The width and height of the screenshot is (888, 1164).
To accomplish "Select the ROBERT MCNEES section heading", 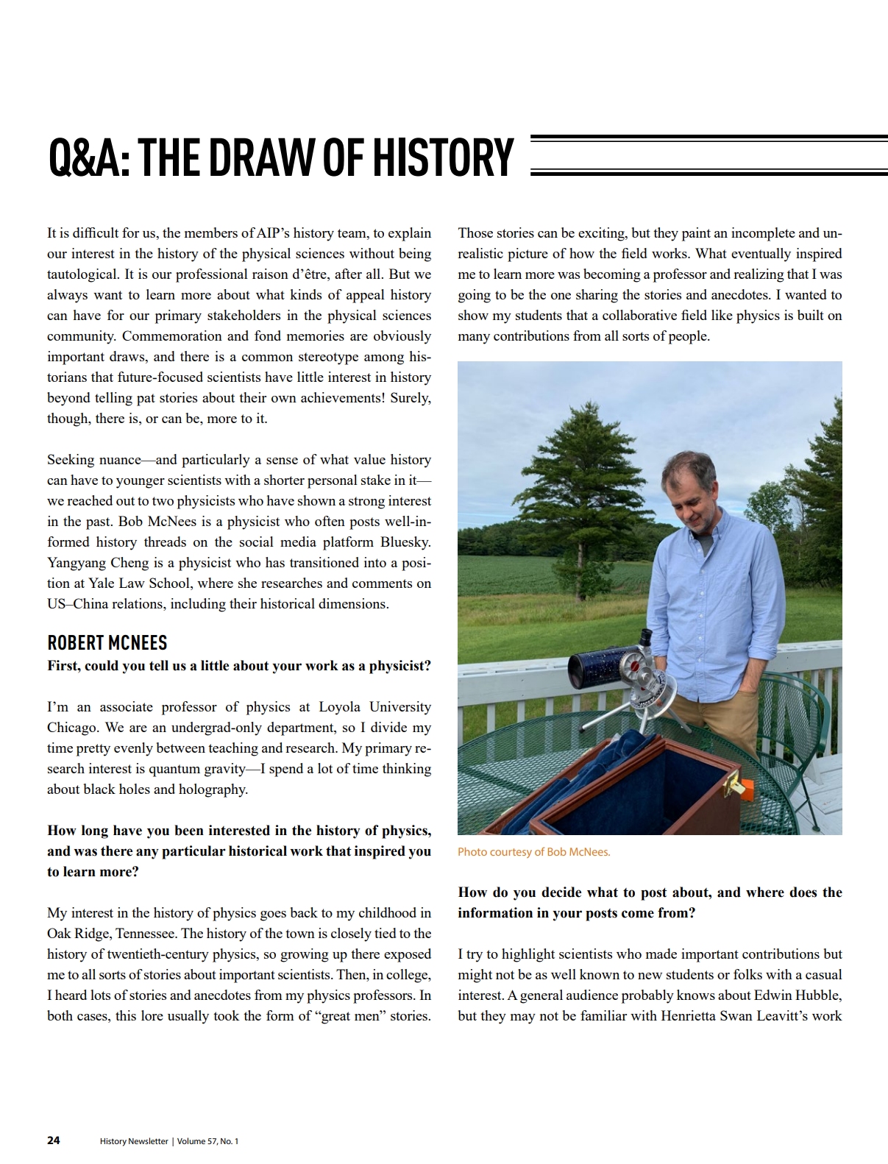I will click(x=107, y=642).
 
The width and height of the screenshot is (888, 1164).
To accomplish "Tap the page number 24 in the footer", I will click(x=54, y=1140).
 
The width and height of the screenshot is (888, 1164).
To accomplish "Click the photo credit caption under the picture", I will click(x=533, y=852).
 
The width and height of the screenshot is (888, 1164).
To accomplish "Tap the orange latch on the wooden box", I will click(x=745, y=789).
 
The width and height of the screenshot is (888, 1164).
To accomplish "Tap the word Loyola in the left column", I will click(x=339, y=707).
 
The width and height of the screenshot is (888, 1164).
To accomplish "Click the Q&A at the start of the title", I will click(x=88, y=157).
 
